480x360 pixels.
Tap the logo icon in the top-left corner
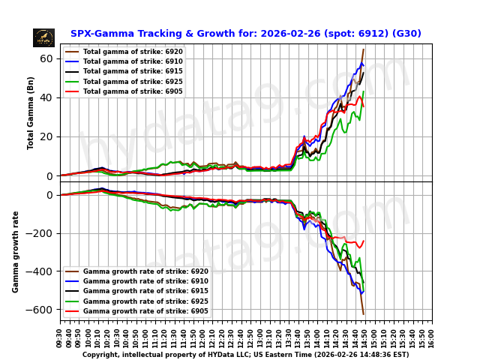pos(43,37)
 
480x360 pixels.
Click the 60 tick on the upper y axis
pos(46,58)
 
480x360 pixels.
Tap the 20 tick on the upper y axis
pos(46,136)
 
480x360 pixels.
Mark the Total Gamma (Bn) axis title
pos(31,112)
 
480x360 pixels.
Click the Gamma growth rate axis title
pos(16,251)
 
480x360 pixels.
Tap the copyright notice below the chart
pos(245,355)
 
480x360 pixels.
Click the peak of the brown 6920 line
pos(364,49)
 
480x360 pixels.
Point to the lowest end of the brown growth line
pos(364,314)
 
